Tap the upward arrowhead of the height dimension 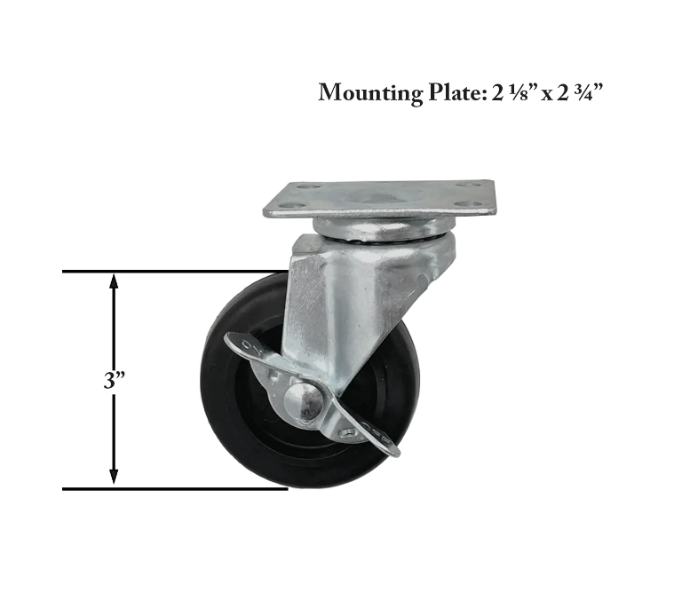pyautogui.click(x=113, y=281)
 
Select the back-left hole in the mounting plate pyautogui.click(x=306, y=187)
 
